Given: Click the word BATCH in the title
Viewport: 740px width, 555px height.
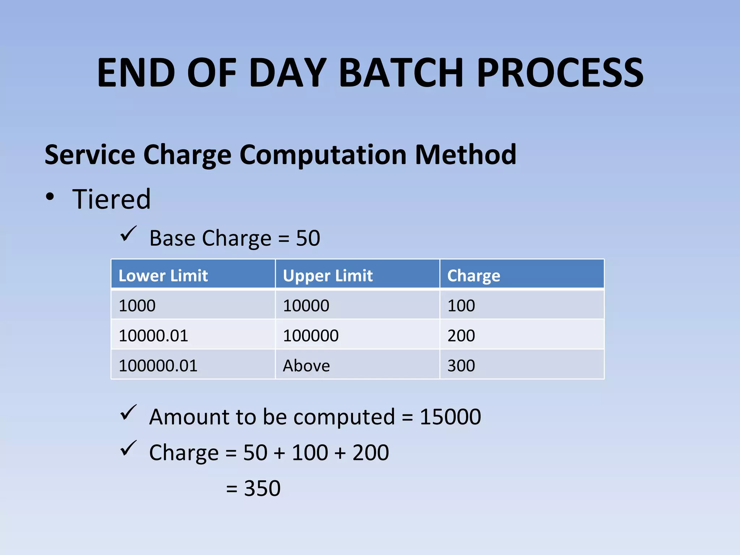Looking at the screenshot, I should [x=401, y=73].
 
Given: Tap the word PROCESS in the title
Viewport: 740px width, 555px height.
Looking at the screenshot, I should [x=560, y=73].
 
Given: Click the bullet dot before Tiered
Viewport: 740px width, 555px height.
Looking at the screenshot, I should [x=50, y=197].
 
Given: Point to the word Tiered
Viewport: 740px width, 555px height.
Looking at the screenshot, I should [x=111, y=199].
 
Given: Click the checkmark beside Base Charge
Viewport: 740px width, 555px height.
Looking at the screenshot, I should [x=128, y=234].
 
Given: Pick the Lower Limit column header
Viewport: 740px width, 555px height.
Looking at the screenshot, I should [x=163, y=276].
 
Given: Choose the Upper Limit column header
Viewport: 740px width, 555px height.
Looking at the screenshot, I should [x=327, y=276].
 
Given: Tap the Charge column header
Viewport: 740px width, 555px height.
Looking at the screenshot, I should [x=473, y=276].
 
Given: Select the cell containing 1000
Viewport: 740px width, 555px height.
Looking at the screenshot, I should [x=137, y=306].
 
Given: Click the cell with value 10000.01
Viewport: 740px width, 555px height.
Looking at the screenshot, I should [x=153, y=336].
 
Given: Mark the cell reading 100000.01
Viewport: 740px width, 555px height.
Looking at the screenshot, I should [x=158, y=366].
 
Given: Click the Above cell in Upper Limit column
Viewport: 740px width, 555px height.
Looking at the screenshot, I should [x=306, y=366].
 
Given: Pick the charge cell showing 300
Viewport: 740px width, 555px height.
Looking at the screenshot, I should [x=461, y=366].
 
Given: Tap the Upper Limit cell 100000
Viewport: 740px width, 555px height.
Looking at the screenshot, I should [x=310, y=336].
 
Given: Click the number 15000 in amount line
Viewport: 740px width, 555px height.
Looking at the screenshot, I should [x=450, y=417].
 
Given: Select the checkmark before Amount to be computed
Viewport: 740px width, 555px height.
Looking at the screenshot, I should [x=128, y=413].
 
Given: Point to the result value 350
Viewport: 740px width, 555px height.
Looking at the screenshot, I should [x=262, y=488].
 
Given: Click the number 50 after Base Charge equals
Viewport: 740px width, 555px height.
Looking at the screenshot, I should [x=308, y=238].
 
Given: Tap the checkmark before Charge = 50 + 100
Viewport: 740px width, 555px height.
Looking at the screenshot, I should [x=128, y=448].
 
